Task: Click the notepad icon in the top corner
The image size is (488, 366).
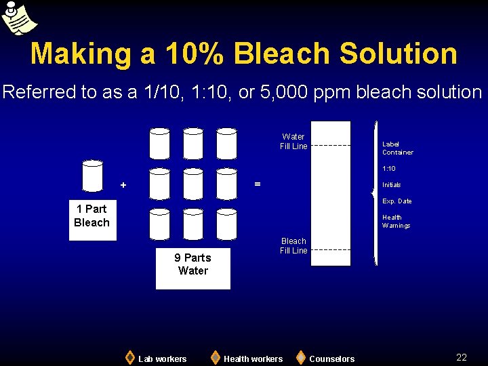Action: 18,18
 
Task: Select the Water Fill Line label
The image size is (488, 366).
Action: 293,142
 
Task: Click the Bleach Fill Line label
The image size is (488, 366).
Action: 293,246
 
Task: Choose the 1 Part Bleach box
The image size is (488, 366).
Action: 92,216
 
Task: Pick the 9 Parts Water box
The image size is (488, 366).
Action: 192,264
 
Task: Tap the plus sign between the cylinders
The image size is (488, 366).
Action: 123,185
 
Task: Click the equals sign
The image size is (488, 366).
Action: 256,184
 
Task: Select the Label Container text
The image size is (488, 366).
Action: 397,148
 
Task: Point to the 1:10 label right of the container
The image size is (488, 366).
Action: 389,169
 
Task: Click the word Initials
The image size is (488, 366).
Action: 392,185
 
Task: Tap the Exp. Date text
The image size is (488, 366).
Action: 397,201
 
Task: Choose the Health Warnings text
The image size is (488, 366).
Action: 396,222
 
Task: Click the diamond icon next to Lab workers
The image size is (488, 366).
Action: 130,357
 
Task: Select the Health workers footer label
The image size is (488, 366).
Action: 253,359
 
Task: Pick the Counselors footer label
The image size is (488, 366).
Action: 331,359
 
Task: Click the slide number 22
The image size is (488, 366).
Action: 462,357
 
